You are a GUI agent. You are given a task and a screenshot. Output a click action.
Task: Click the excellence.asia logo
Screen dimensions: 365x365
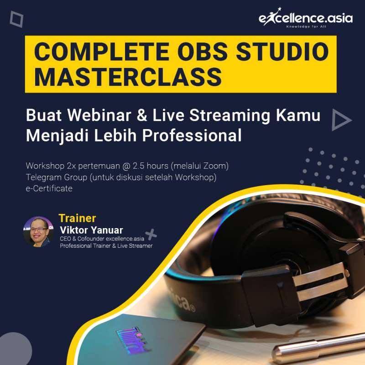pyautogui.click(x=299, y=19)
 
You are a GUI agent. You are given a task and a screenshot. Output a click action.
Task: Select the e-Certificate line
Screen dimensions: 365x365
pyautogui.click(x=49, y=188)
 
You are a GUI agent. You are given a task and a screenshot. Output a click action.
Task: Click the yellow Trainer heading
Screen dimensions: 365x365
pyautogui.click(x=77, y=218)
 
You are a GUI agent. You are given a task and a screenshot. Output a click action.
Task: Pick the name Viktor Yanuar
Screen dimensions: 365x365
pyautogui.click(x=91, y=229)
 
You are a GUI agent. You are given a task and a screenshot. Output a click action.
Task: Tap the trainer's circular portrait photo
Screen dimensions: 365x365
pyautogui.click(x=39, y=232)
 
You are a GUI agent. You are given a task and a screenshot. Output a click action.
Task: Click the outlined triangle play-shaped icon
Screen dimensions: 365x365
pyautogui.click(x=341, y=120)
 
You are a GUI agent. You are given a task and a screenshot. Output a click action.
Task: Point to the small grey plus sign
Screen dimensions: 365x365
pyautogui.click(x=151, y=234)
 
